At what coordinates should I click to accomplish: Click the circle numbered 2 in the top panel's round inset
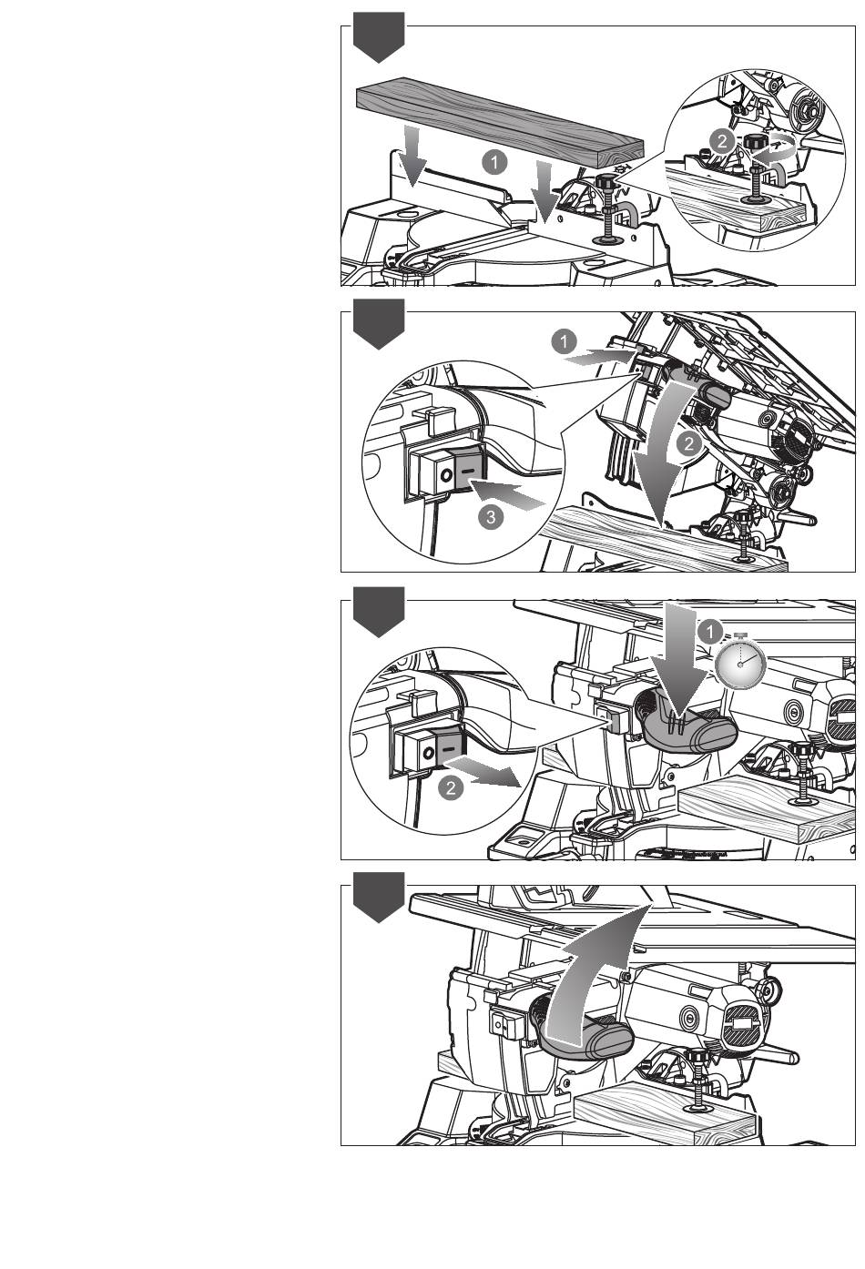[x=719, y=141]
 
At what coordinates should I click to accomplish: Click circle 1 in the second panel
[x=564, y=342]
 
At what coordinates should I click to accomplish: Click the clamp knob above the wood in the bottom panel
[x=700, y=1056]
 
